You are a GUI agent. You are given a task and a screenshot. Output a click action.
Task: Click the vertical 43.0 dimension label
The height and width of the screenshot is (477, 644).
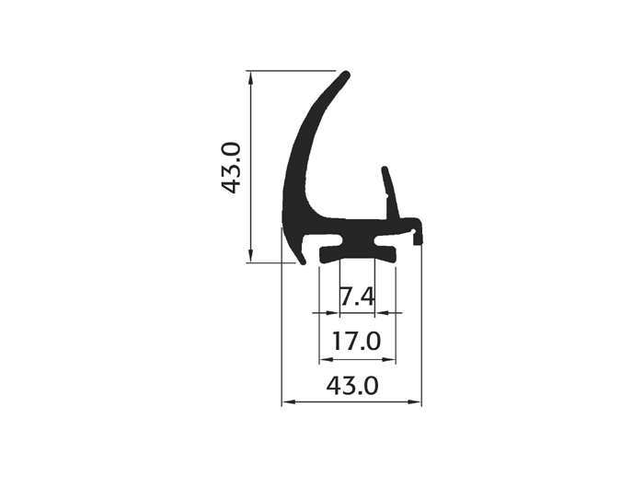(230, 168)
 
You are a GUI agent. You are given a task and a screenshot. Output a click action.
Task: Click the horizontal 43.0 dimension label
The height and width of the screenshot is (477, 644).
(352, 386)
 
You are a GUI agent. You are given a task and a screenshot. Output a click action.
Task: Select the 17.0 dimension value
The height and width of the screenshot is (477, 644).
(357, 342)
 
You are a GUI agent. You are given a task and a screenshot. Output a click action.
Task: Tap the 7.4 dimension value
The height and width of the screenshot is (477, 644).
(357, 297)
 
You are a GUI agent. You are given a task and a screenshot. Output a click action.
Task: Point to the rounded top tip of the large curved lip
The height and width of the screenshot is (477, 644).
(346, 75)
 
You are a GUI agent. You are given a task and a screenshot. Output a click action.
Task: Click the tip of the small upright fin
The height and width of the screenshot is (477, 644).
(385, 169)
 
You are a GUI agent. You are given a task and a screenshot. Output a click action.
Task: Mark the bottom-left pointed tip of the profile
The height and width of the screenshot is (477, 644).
(303, 262)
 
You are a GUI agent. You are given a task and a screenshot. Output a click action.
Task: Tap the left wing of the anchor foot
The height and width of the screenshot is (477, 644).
(329, 253)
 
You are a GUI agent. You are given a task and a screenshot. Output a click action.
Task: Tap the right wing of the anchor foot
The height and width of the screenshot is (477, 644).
(385, 253)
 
